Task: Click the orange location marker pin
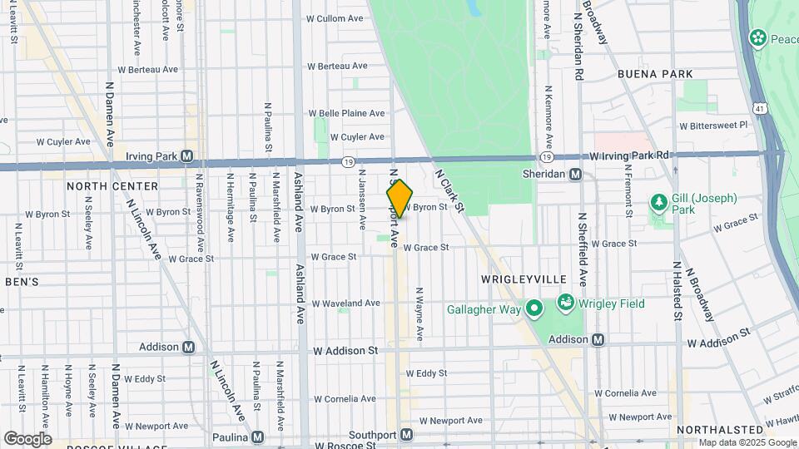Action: [x=399, y=199]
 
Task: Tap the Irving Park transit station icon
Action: [x=187, y=155]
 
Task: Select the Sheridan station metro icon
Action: [x=574, y=174]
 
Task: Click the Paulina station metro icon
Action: [x=258, y=437]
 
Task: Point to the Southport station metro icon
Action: [x=406, y=434]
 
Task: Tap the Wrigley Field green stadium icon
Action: [x=566, y=303]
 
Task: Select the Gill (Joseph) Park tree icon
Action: [x=658, y=203]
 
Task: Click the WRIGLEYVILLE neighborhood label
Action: [x=524, y=278]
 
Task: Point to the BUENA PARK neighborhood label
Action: [x=655, y=74]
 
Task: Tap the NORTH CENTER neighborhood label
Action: [x=112, y=186]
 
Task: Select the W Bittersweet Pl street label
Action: [x=713, y=126]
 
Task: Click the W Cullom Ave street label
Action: [x=335, y=17]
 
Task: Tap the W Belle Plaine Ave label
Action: [x=347, y=113]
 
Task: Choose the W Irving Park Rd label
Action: [x=629, y=155]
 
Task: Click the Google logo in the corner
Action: [x=27, y=438]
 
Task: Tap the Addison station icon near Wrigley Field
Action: [x=598, y=339]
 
